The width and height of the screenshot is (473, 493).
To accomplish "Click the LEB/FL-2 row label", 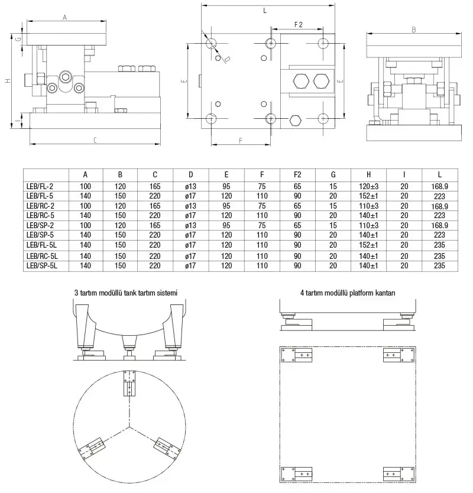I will [x=40, y=186].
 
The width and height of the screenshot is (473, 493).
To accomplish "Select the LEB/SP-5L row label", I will [x=42, y=266].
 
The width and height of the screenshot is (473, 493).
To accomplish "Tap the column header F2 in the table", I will [x=297, y=174].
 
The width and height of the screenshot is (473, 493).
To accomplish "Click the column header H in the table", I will [x=368, y=174].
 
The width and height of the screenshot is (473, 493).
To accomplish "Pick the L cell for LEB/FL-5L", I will [x=439, y=245].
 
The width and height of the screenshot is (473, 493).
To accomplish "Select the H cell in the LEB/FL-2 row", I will [x=368, y=186].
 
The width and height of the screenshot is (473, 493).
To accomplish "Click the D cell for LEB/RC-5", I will [x=191, y=215].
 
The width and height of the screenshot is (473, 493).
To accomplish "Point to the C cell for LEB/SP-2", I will [x=155, y=225].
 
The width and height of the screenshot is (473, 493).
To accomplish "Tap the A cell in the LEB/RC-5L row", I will [x=85, y=256].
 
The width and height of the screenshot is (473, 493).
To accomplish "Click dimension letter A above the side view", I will [x=64, y=18].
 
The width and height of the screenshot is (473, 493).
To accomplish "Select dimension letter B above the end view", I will [x=413, y=30].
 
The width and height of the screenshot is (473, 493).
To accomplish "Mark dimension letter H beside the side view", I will [x=8, y=81].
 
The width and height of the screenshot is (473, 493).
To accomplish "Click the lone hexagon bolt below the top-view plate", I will [x=296, y=121].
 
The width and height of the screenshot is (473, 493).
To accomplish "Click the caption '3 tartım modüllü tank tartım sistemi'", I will [x=126, y=293].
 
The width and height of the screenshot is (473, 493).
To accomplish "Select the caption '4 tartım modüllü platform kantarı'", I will [x=347, y=293].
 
